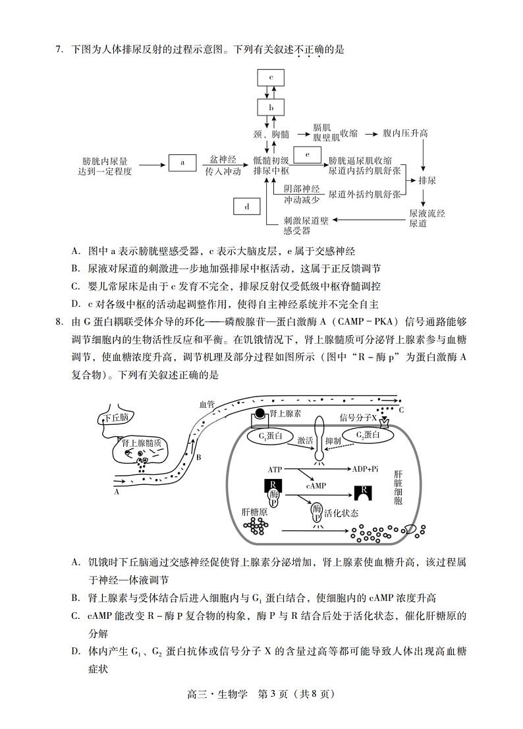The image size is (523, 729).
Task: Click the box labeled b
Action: [271, 107]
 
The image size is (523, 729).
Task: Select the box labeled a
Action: [182, 162]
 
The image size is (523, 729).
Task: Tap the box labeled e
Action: [306, 154]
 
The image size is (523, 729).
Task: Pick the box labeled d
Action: [247, 206]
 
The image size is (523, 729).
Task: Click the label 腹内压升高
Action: [406, 133]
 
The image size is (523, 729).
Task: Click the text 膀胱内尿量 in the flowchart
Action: [105, 160]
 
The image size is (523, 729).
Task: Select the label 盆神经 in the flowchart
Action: [223, 160]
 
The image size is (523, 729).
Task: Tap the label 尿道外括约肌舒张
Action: [365, 195]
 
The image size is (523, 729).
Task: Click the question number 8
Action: [59, 322]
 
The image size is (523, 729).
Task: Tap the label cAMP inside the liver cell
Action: [316, 485]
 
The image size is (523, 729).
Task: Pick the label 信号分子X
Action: [358, 417]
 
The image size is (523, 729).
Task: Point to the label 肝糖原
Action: [254, 511]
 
